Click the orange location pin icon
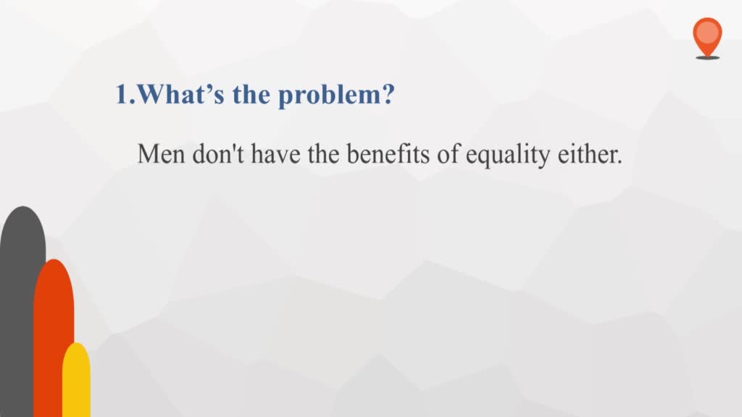(x=707, y=37)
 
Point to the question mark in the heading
(x=388, y=94)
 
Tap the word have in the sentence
(x=275, y=153)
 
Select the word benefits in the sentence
(x=388, y=153)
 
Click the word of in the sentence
(x=448, y=153)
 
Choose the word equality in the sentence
(x=508, y=156)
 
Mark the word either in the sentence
(x=587, y=153)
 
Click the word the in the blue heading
(x=251, y=94)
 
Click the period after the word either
(x=620, y=162)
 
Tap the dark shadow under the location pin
(x=707, y=58)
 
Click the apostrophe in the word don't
(x=234, y=147)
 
